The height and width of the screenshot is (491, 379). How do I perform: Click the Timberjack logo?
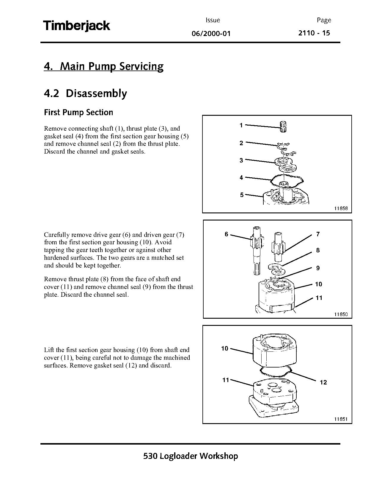(77, 26)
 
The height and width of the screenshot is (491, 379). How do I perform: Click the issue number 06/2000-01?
(211, 34)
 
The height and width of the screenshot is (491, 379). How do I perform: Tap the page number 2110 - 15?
(314, 33)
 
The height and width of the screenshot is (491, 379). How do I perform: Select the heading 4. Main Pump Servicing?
(103, 66)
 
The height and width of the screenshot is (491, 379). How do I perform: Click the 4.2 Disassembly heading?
(85, 93)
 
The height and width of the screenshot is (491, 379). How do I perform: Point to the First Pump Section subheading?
(78, 112)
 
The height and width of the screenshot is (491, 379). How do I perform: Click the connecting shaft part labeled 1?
(284, 127)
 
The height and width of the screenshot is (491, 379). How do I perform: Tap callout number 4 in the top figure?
(241, 178)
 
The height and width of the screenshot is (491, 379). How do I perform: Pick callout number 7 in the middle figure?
(318, 234)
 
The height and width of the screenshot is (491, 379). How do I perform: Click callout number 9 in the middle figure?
(318, 268)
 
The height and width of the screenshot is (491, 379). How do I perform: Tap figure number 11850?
(341, 314)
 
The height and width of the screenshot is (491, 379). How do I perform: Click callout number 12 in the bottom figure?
(323, 382)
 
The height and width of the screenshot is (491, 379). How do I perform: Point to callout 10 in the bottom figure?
(224, 348)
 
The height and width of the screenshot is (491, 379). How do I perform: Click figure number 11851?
(341, 419)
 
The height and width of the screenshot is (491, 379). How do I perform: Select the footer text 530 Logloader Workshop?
(190, 456)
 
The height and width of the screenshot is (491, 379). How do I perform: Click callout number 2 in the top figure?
(241, 143)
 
